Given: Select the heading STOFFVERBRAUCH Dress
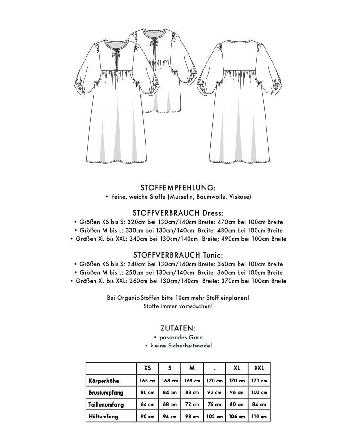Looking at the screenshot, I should (178, 213).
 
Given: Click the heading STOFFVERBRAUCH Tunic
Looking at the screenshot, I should (178, 255).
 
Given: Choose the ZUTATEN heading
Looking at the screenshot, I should (178, 328).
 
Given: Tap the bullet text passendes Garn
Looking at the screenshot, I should (181, 337).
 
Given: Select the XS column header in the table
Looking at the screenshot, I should (147, 368).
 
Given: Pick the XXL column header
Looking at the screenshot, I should (259, 368).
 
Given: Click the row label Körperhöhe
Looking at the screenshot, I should (103, 381).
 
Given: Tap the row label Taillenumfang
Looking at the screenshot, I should (106, 405).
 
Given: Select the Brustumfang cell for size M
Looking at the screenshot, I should (192, 392).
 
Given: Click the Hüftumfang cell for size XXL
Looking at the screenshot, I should (259, 417).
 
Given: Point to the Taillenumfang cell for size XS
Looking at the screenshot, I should (147, 405).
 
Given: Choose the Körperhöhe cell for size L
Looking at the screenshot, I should (214, 381).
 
